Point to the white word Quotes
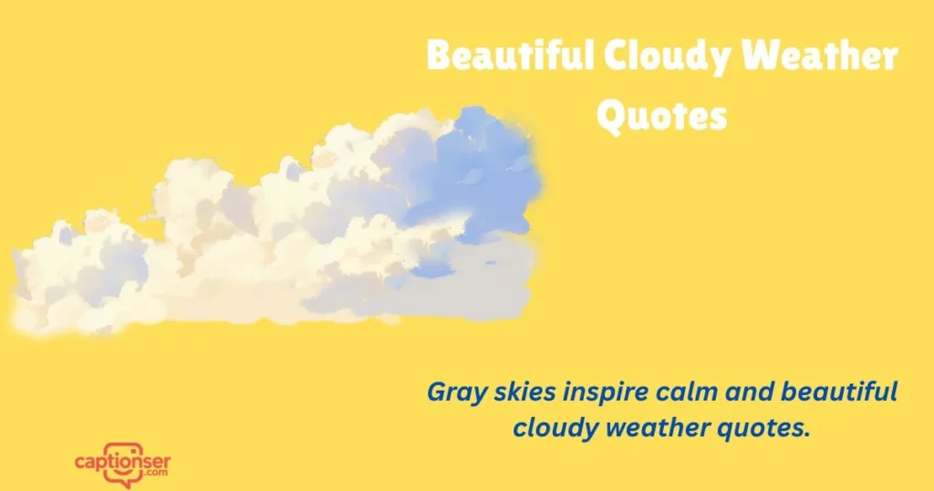point(662,116)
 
